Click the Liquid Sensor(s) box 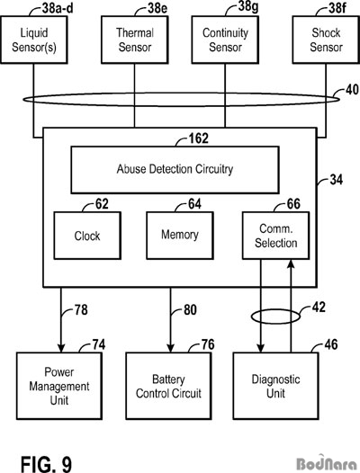tap(34, 40)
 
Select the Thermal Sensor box tap(134, 40)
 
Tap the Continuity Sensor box tap(225, 40)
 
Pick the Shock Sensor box tap(326, 40)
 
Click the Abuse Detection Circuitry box tap(175, 170)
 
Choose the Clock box tap(87, 236)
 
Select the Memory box tap(180, 236)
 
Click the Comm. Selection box tap(275, 236)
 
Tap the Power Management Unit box tap(59, 386)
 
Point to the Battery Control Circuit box tap(168, 386)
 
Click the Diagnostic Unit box tap(275, 386)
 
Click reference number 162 tap(198, 138)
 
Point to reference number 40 tap(352, 90)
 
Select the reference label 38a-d tap(58, 8)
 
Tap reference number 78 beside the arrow tap(81, 310)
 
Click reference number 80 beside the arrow tap(190, 310)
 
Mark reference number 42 tap(319, 308)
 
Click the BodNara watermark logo tap(327, 463)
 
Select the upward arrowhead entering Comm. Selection tap(291, 263)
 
